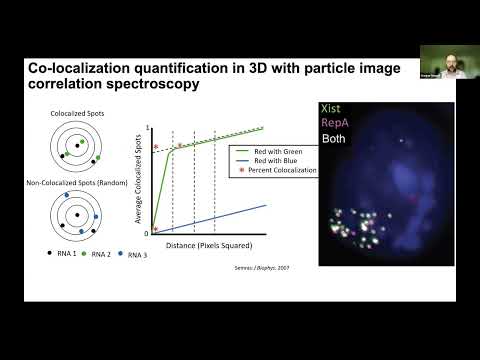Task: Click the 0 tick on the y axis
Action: click(x=146, y=232)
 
